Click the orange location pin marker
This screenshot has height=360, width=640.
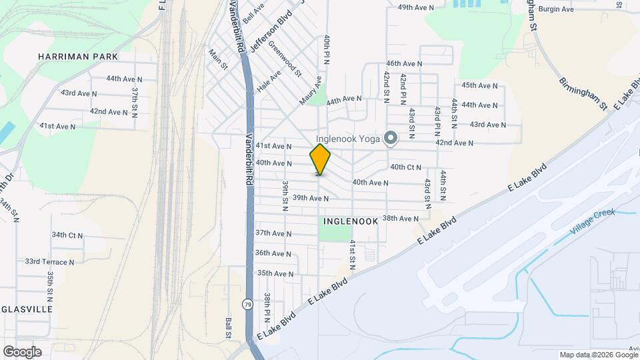pyautogui.click(x=320, y=159)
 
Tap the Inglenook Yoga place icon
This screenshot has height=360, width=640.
pyautogui.click(x=391, y=138)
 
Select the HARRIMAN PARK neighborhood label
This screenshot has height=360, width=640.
pyautogui.click(x=78, y=57)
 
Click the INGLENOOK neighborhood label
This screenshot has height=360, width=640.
pyautogui.click(x=351, y=220)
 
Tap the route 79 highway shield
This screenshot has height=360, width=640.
pyautogui.click(x=247, y=304)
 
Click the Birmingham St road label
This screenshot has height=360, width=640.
pyautogui.click(x=582, y=93)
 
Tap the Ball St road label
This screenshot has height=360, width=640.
pyautogui.click(x=228, y=328)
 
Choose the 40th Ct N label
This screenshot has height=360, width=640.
pyautogui.click(x=406, y=167)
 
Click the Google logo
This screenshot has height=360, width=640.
pyautogui.click(x=22, y=351)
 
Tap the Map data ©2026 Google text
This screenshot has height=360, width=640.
pyautogui.click(x=598, y=355)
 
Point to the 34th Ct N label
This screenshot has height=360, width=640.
pyautogui.click(x=67, y=235)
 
